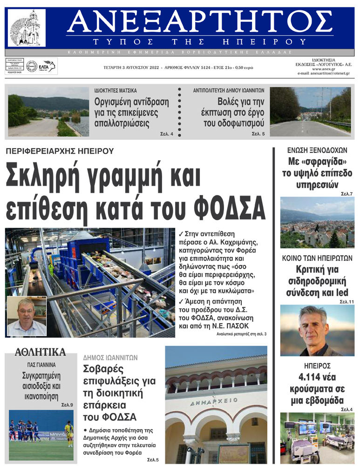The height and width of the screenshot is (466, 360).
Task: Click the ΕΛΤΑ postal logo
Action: pyautogui.click(x=46, y=66)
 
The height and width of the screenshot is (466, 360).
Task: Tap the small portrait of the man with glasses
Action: pyautogui.click(x=27, y=317)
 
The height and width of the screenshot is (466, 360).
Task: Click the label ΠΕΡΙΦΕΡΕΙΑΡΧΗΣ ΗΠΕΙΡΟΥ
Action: pyautogui.click(x=60, y=151)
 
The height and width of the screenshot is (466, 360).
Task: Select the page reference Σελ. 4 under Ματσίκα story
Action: pyautogui.click(x=166, y=134)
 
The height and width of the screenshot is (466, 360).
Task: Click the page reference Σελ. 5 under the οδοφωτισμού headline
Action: pyautogui.click(x=258, y=134)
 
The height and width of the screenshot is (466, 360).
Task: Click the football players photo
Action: pyautogui.click(x=41, y=435)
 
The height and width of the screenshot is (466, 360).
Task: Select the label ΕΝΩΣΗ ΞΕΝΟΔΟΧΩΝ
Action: pyautogui.click(x=317, y=150)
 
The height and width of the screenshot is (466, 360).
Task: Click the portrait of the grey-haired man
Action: pyautogui.click(x=317, y=330)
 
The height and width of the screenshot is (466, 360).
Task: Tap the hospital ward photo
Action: pyautogui.click(x=317, y=438)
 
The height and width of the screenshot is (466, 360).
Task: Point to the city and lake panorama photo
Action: pyautogui.click(x=317, y=222)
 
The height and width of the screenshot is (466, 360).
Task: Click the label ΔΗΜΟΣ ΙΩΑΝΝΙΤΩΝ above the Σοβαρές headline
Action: pyautogui.click(x=110, y=358)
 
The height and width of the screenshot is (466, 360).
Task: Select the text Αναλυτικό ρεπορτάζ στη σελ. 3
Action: pyautogui.click(x=241, y=334)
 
